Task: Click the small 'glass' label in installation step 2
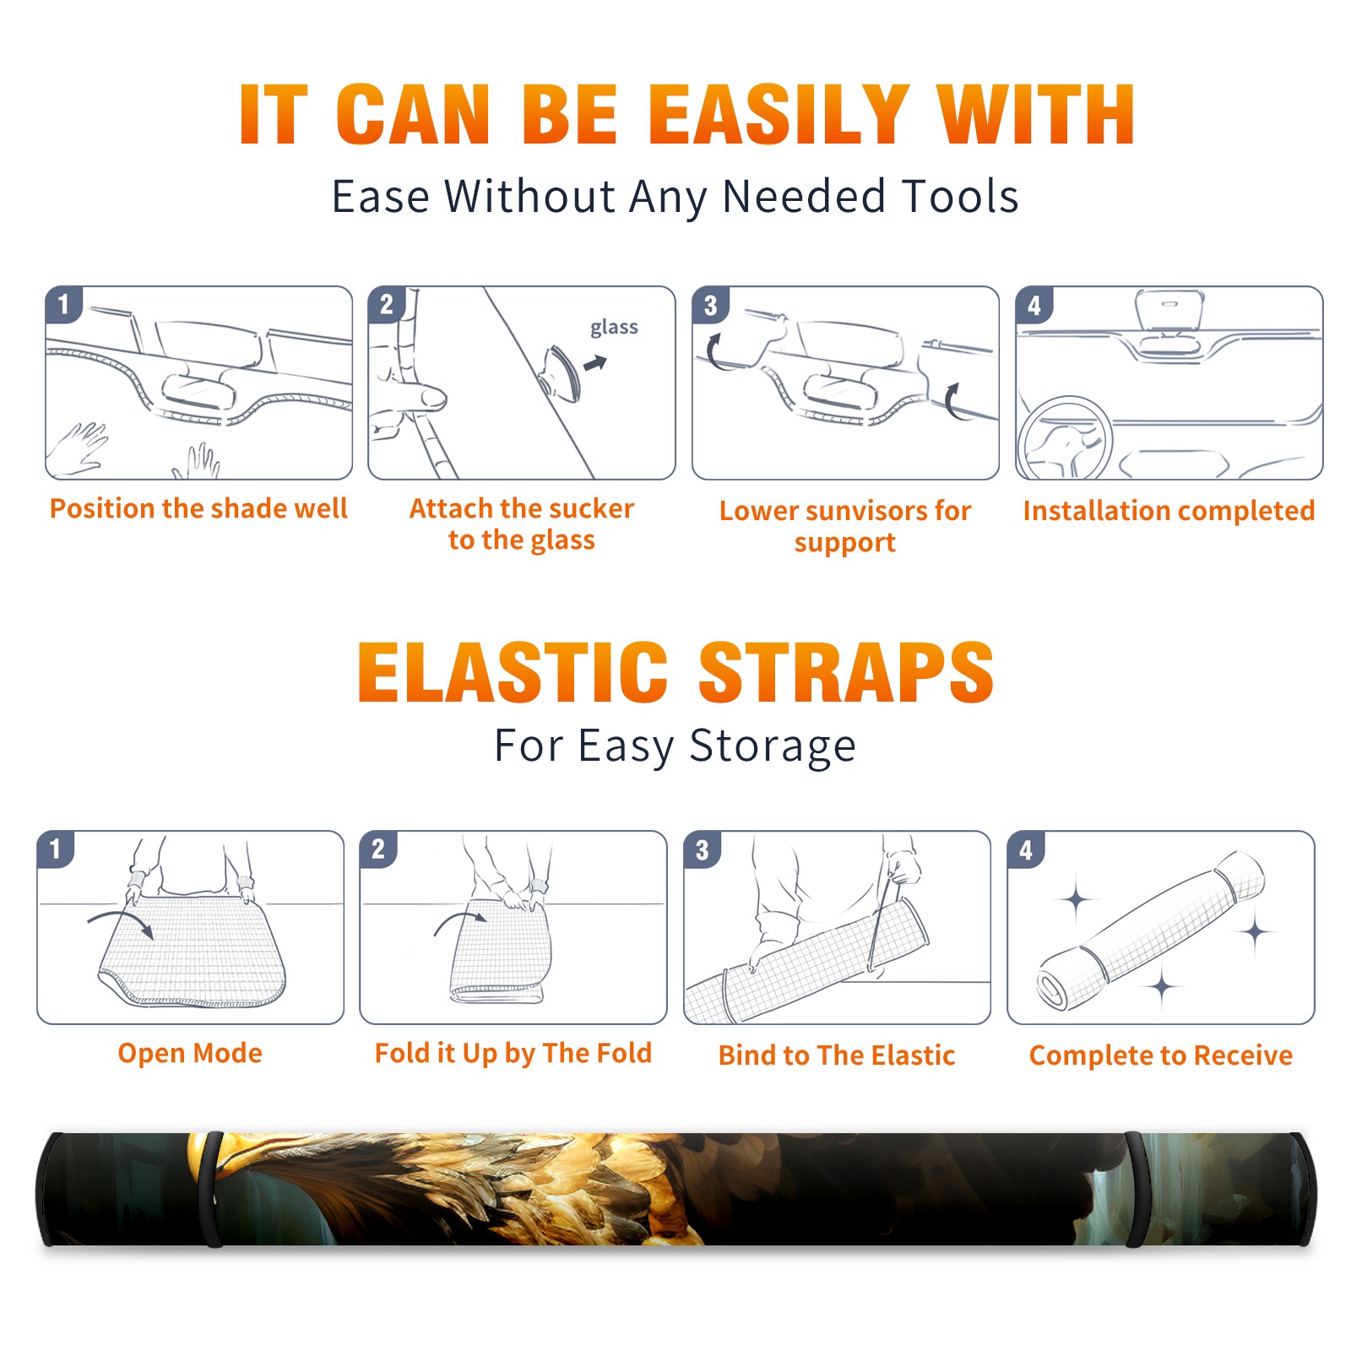coord(614,328)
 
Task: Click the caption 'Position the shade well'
coord(198,508)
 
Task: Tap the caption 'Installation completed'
coord(1169,510)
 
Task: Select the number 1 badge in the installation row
coord(64,304)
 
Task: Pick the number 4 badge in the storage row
coord(1026,849)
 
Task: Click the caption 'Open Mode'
coord(190,1053)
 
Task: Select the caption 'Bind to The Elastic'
coord(837,1055)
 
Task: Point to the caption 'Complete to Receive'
coord(1161,1055)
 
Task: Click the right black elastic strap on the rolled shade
coord(1137,1189)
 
